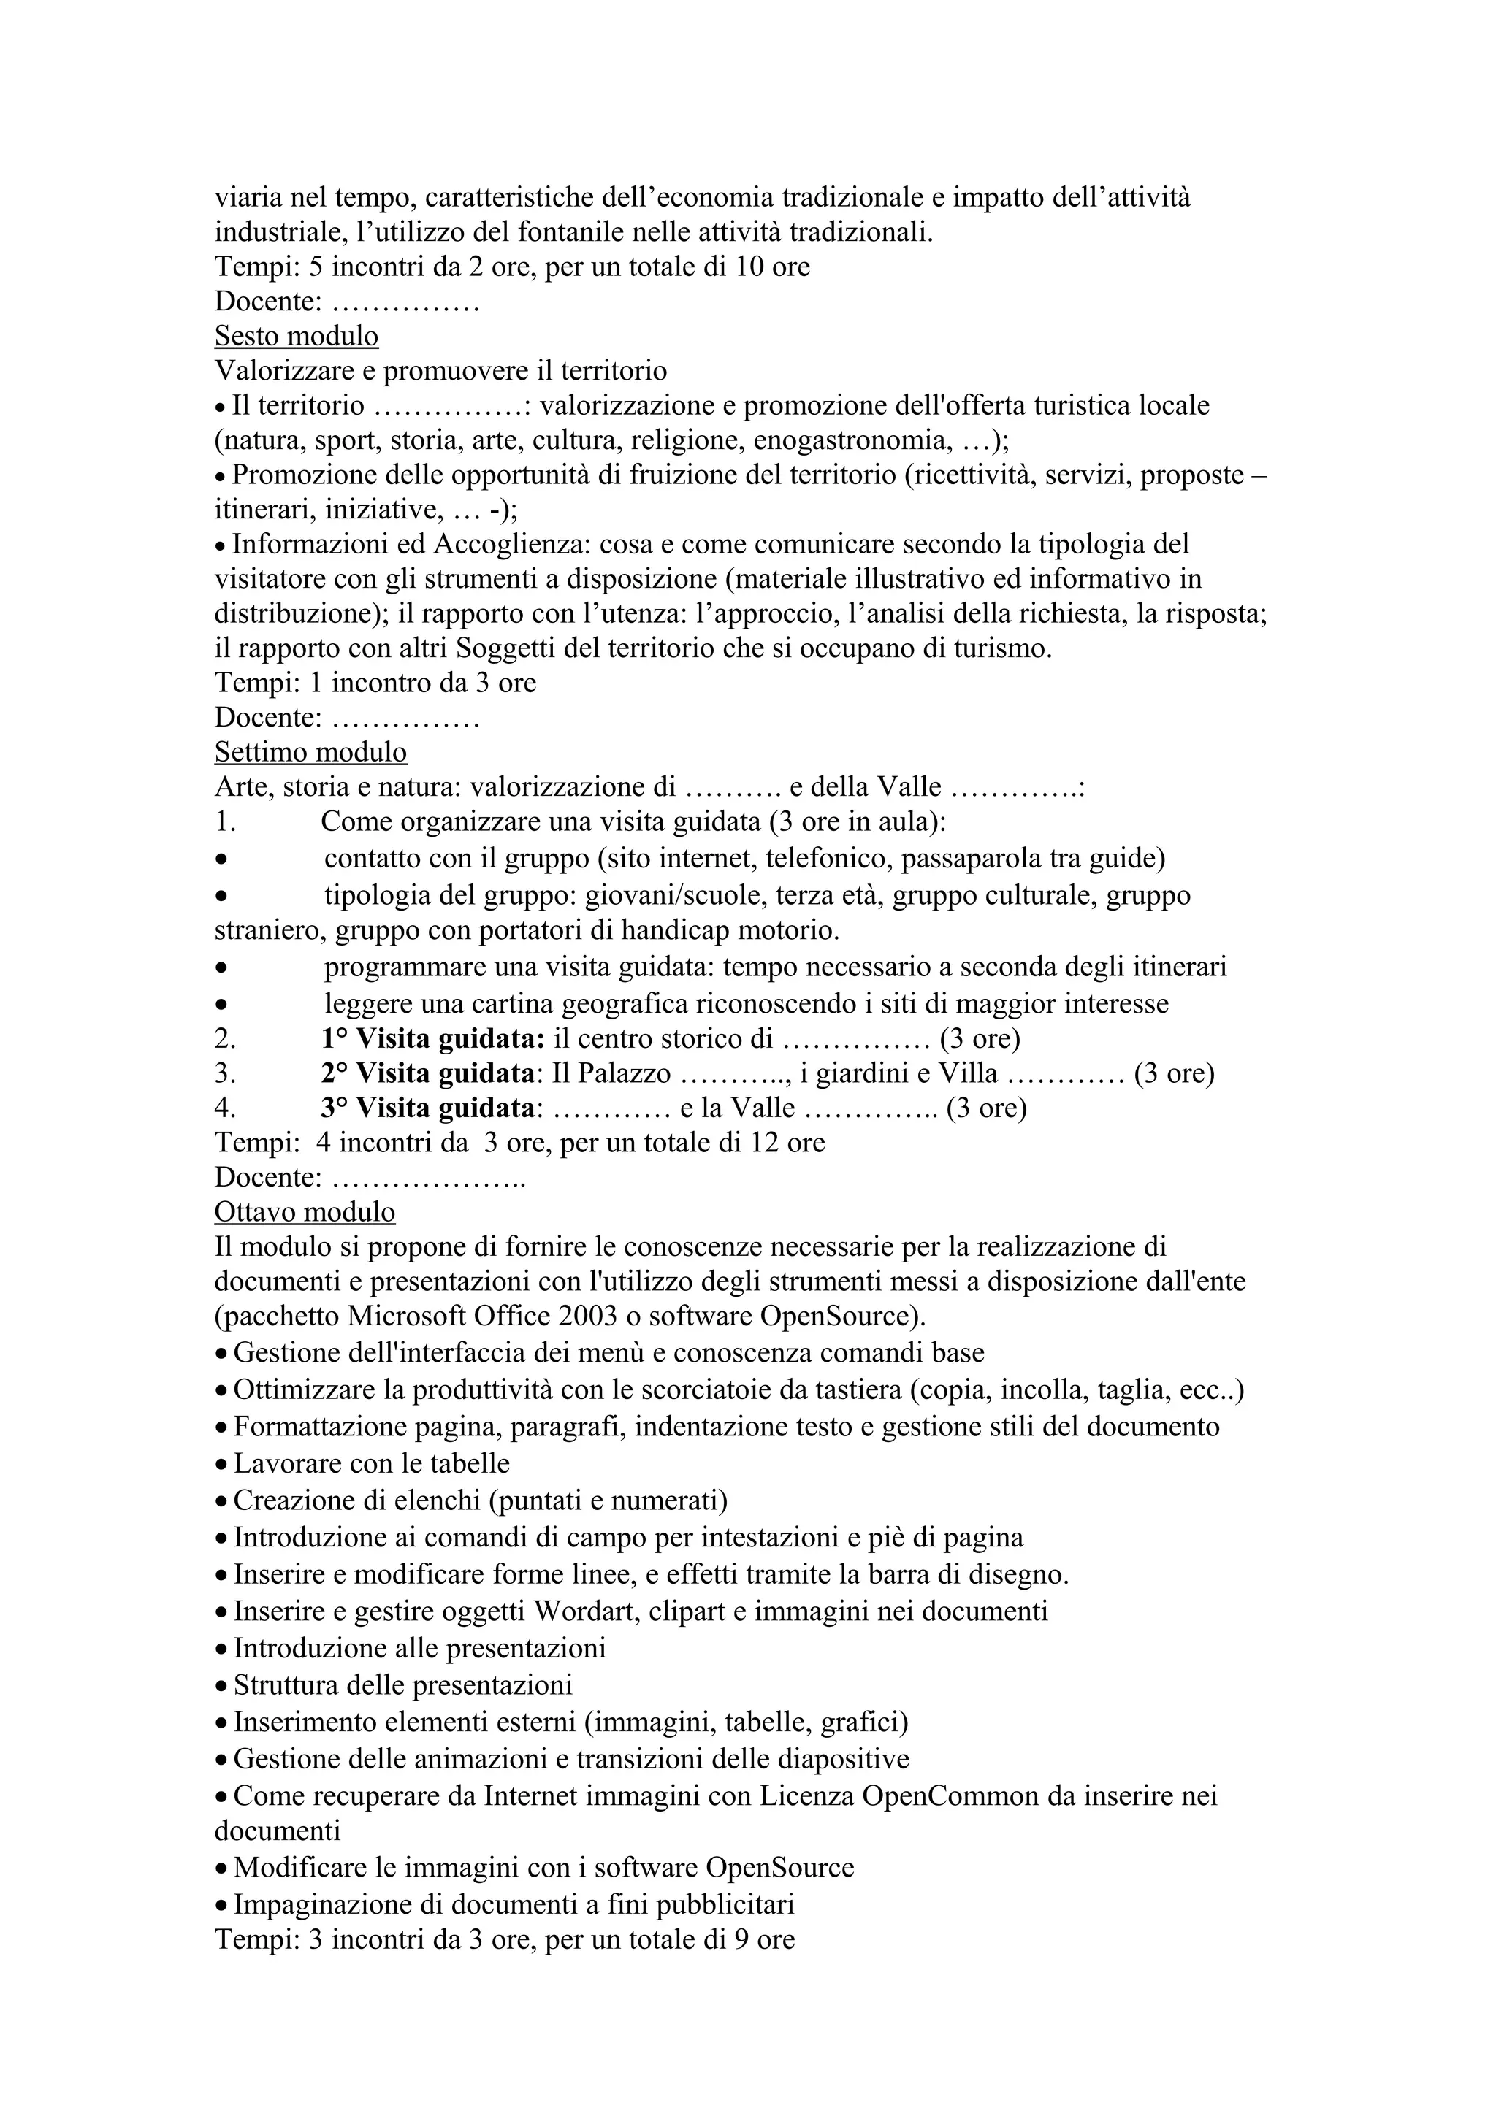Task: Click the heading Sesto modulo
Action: coord(296,337)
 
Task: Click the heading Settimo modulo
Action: coord(310,753)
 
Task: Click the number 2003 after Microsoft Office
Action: coord(587,1316)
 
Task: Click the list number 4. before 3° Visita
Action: coord(225,1108)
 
